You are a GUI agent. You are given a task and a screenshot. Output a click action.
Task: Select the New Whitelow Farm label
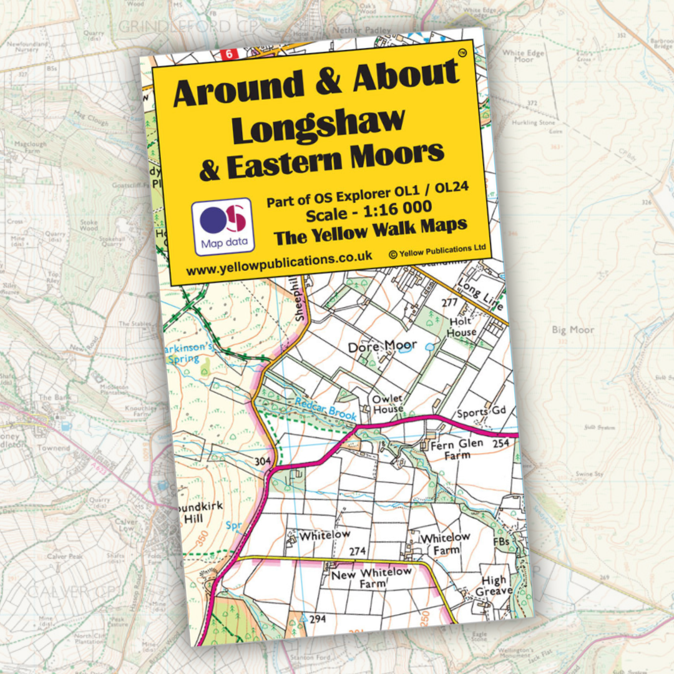click(x=371, y=577)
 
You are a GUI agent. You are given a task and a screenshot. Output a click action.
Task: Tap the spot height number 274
click(x=357, y=551)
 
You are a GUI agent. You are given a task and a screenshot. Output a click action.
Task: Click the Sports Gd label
click(x=481, y=413)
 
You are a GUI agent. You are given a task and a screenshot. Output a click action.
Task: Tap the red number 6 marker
click(x=230, y=54)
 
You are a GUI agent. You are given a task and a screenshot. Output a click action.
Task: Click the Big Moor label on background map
click(x=573, y=330)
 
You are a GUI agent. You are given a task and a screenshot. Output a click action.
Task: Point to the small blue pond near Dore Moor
click(x=430, y=345)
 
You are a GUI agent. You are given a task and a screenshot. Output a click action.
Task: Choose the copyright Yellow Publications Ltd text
click(x=437, y=250)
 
